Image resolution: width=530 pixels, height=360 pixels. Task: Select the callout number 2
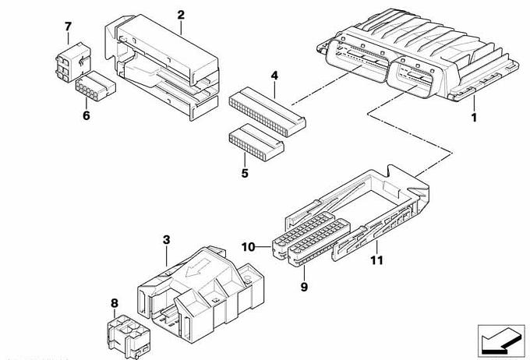click(181, 15)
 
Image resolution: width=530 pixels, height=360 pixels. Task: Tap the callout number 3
click(166, 241)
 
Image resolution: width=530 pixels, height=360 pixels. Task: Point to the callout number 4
click(274, 76)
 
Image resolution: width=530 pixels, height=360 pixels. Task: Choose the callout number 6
click(87, 117)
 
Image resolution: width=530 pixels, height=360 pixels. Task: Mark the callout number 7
click(68, 27)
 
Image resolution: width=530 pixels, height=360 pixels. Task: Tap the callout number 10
click(249, 248)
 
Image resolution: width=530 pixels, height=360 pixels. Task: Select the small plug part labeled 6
click(93, 94)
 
